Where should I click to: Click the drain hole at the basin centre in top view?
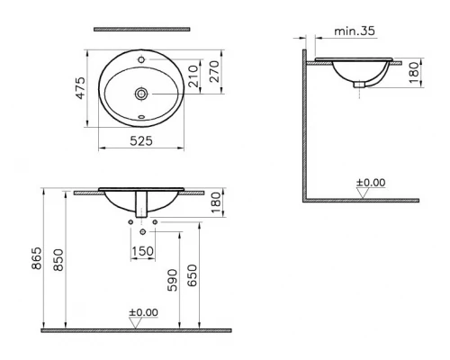pyautogui.click(x=141, y=92)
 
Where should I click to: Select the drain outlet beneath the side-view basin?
pyautogui.click(x=358, y=85)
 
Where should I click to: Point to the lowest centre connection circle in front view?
pyautogui.click(x=143, y=230)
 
